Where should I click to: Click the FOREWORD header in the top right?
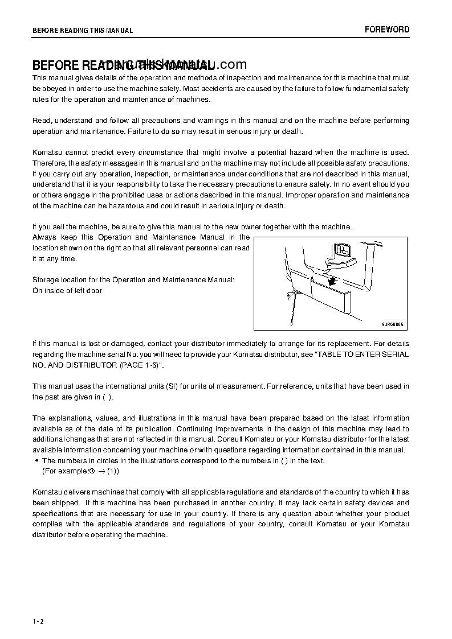[x=386, y=30]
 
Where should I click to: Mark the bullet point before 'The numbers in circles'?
[x=36, y=461]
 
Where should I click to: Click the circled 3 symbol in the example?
[x=92, y=472]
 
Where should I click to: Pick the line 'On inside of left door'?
[x=67, y=291]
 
